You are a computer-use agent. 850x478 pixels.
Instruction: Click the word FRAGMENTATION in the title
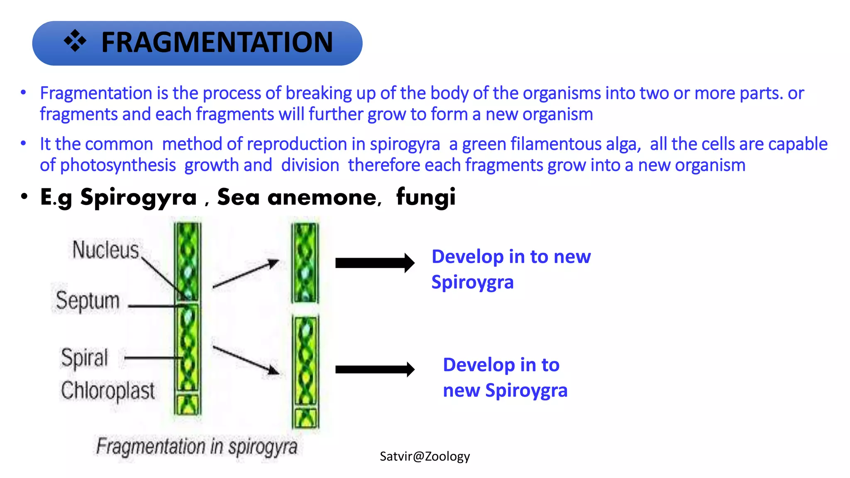pos(217,42)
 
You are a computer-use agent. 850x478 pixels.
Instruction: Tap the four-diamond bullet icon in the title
pos(75,41)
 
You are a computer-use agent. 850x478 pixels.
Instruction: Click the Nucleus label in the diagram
pos(105,250)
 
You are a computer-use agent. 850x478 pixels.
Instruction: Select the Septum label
pos(88,300)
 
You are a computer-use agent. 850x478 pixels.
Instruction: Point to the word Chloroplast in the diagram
pos(107,390)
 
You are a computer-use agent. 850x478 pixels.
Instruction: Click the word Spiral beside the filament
pos(84,358)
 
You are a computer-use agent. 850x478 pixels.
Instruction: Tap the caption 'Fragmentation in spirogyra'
pos(197,447)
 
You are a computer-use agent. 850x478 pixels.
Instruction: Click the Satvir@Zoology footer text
pos(425,456)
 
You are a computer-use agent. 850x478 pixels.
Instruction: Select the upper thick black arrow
pos(374,263)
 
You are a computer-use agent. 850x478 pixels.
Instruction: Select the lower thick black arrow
pos(374,369)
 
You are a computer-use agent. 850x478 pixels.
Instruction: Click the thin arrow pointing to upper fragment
pos(246,274)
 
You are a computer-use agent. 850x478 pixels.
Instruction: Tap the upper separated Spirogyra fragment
pos(305,263)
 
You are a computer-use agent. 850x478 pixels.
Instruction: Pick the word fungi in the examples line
pos(426,197)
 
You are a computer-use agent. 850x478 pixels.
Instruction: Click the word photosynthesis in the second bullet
pos(118,165)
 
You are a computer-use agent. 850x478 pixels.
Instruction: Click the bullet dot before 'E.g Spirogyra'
pos(24,196)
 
